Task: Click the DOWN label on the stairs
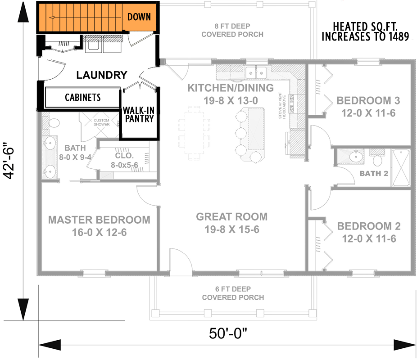click(139, 17)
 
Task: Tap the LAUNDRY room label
click(101, 75)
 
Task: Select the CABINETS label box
click(82, 97)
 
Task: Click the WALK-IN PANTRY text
click(139, 114)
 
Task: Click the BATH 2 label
click(374, 173)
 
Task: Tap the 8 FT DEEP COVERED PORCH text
click(232, 30)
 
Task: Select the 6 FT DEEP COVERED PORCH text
click(233, 293)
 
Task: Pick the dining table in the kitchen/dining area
click(194, 133)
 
